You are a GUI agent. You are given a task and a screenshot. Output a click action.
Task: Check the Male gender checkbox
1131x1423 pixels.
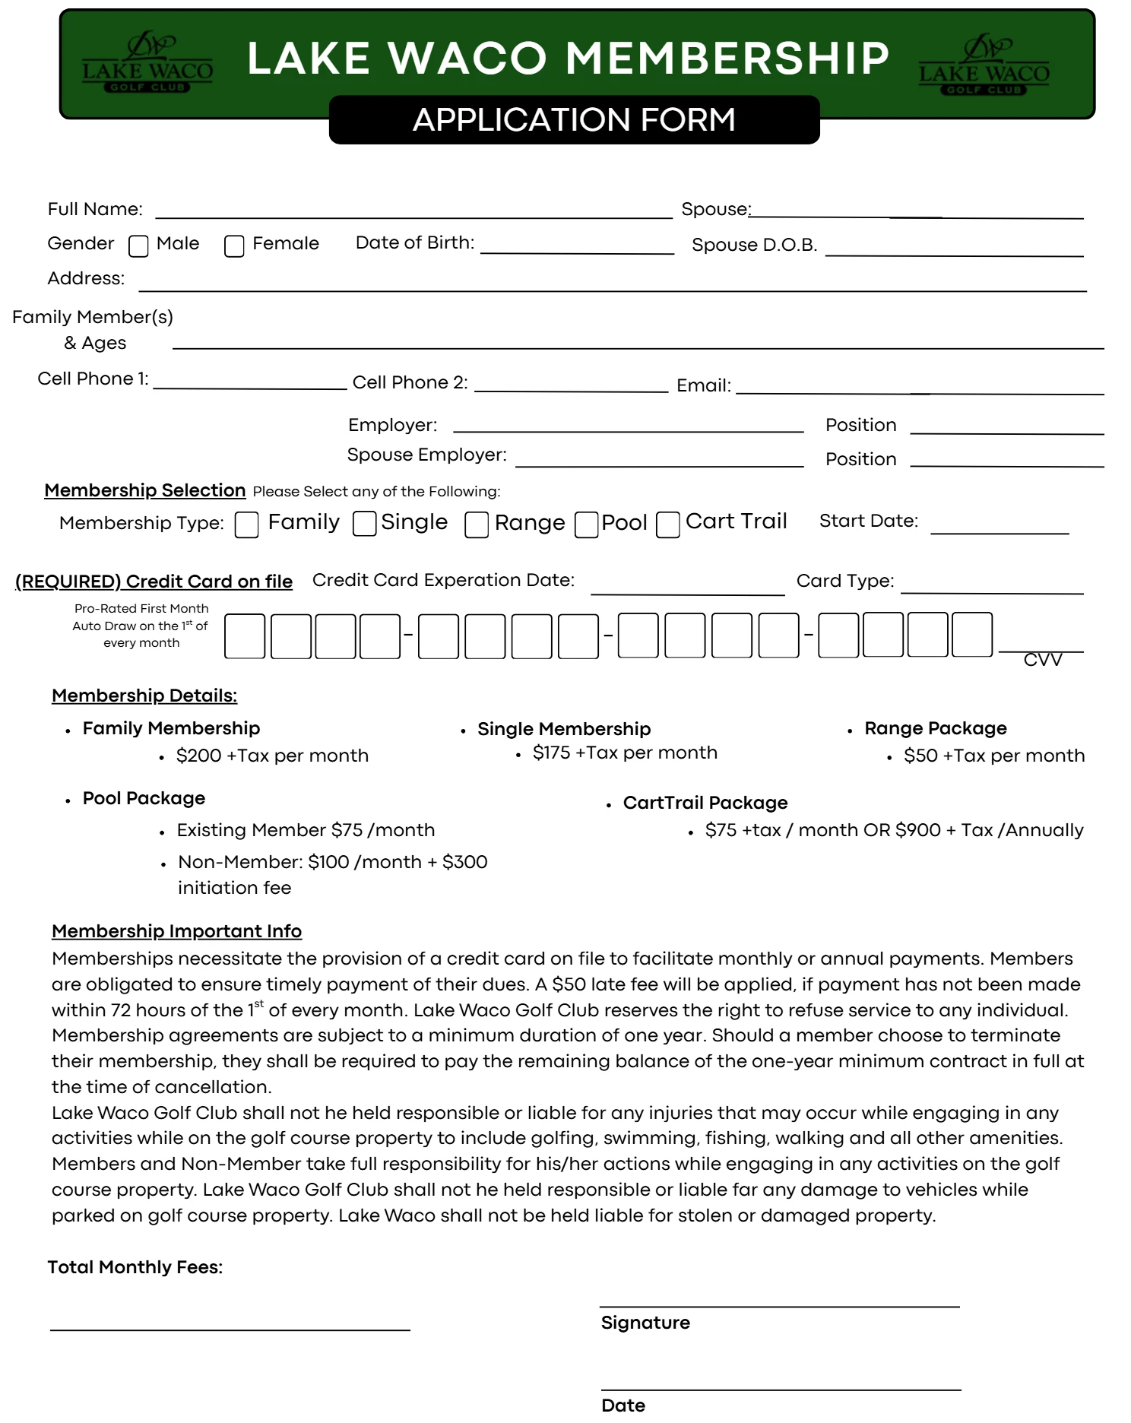click(138, 246)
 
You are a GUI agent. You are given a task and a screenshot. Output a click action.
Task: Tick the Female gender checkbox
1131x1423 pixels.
click(234, 246)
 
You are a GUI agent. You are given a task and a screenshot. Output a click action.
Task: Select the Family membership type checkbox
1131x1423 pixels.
click(246, 525)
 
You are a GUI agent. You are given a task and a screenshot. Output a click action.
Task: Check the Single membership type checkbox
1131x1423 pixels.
click(365, 524)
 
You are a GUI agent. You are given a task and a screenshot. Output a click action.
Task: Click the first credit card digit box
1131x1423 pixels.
click(245, 636)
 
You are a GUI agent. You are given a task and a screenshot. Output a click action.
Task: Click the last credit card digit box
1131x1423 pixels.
click(972, 635)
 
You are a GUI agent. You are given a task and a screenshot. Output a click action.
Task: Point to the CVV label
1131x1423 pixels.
click(1042, 660)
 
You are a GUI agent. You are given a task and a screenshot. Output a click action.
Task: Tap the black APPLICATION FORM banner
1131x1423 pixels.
click(574, 120)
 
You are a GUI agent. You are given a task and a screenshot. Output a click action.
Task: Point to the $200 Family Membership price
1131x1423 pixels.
click(271, 756)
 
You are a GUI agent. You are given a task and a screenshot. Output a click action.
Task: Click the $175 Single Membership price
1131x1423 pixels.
click(624, 753)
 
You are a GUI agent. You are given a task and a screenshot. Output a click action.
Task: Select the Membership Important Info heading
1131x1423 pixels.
click(176, 931)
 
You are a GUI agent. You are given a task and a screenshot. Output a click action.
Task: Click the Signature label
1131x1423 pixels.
click(645, 1323)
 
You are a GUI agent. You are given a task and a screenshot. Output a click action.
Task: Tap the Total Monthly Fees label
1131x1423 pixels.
click(135, 1267)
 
